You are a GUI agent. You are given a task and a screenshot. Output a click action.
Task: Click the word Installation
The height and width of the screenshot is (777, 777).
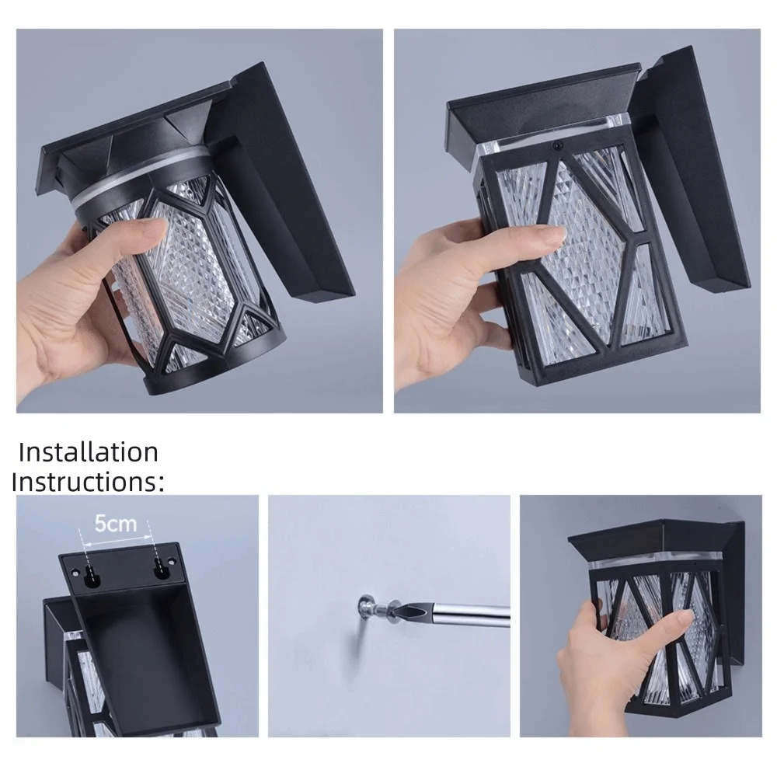tap(89, 452)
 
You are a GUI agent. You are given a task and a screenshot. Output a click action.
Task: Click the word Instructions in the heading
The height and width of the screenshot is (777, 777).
tap(84, 482)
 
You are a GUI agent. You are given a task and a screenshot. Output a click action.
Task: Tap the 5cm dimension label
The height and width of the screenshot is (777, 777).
tap(115, 523)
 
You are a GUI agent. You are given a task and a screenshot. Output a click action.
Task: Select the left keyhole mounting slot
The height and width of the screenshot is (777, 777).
tap(91, 577)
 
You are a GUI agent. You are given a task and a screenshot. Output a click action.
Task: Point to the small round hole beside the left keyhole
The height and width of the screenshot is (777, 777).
tap(75, 573)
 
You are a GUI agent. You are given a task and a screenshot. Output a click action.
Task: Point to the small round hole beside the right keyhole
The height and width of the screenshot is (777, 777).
tap(172, 562)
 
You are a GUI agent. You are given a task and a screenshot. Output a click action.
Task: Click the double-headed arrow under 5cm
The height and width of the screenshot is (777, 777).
tap(118, 541)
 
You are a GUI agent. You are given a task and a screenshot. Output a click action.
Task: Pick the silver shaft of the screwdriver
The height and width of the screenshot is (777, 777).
tap(469, 615)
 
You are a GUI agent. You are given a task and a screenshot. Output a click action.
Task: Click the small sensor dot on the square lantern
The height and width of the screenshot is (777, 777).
tap(559, 146)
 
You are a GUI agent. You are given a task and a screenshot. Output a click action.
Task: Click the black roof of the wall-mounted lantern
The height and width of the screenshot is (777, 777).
tap(653, 540)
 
